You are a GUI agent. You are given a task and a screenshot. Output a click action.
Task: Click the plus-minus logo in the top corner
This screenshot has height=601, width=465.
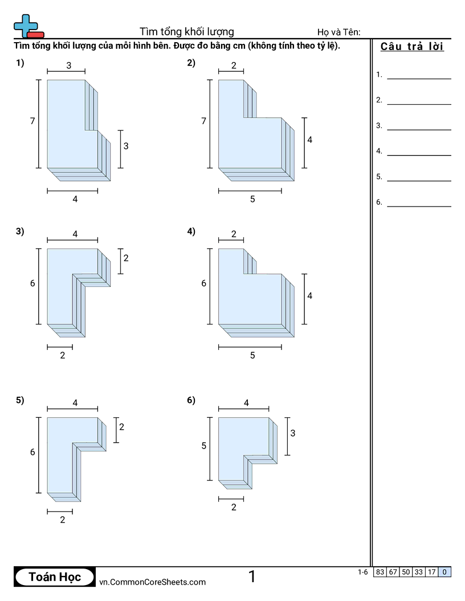(28, 26)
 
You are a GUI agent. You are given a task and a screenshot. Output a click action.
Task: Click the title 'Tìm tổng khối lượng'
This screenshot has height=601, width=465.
(186, 32)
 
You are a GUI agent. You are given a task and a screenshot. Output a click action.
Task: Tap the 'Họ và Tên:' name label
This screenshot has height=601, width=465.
(338, 32)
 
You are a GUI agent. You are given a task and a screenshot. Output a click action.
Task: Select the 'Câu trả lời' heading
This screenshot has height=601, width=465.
(412, 46)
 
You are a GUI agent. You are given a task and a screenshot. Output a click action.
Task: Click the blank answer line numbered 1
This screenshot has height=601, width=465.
(419, 79)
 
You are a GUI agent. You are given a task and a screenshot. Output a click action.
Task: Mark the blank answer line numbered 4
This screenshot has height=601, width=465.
(419, 155)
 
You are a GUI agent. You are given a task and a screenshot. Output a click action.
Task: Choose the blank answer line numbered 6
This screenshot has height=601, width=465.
(419, 206)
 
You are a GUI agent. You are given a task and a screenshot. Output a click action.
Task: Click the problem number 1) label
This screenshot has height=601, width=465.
(20, 63)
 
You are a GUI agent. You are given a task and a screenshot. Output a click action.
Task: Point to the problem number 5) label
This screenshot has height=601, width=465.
(20, 400)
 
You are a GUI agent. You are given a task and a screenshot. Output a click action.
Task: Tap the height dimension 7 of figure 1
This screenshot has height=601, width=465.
(32, 121)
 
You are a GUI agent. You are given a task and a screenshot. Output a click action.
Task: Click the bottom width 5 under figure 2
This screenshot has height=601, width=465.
(252, 199)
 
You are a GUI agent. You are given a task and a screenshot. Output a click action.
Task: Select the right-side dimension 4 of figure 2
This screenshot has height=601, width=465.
(309, 140)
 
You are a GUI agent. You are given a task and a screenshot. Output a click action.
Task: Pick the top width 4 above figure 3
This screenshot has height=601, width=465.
(75, 234)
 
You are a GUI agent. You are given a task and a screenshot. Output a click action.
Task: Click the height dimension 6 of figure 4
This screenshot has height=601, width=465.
(204, 283)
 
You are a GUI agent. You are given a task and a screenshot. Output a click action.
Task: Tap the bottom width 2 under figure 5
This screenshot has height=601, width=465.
(63, 520)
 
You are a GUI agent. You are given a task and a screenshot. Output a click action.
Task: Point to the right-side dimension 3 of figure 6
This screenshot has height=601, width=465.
(293, 433)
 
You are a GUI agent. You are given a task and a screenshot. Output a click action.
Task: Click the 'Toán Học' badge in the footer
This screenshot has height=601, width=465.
(55, 577)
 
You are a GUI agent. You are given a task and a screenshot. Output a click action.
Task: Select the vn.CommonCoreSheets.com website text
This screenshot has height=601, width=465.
(152, 582)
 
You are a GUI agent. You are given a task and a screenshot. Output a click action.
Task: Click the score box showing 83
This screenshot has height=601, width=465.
(380, 572)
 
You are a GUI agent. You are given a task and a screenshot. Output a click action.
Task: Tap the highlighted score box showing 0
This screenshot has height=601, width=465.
(444, 572)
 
